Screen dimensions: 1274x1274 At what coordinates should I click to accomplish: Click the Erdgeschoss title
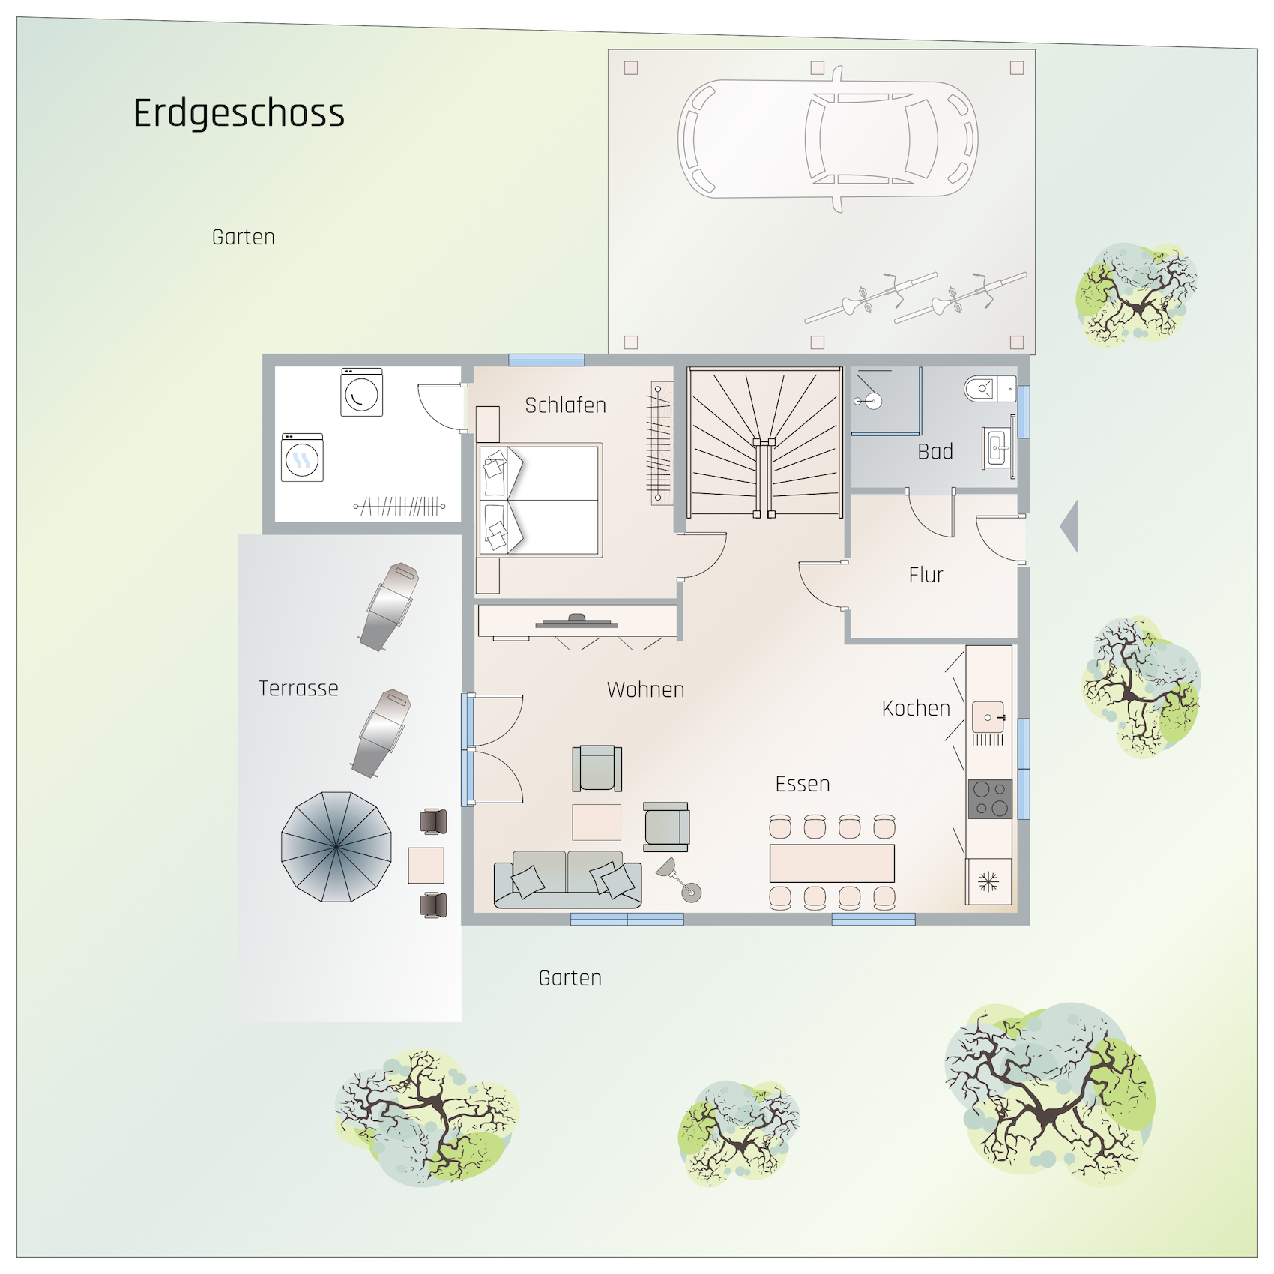(239, 114)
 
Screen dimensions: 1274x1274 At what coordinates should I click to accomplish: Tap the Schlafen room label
(566, 405)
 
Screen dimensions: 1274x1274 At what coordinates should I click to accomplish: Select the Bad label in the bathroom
(935, 452)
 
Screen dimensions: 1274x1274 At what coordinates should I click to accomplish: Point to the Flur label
(926, 575)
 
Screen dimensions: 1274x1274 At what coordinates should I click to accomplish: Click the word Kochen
(916, 708)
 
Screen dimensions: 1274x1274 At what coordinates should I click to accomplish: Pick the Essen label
(803, 784)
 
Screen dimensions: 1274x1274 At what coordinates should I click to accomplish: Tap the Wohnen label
(646, 689)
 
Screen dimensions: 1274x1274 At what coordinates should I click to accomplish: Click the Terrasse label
(298, 688)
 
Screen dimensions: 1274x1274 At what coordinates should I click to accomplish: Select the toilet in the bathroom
(990, 389)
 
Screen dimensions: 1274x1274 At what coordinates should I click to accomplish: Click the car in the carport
(827, 139)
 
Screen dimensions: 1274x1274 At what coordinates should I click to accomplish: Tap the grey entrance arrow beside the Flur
(1069, 526)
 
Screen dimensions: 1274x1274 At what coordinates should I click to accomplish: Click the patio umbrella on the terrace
(336, 847)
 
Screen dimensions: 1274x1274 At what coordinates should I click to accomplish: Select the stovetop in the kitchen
(990, 799)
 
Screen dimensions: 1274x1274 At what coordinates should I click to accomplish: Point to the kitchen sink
(988, 717)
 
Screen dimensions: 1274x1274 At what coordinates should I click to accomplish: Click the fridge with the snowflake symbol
(989, 881)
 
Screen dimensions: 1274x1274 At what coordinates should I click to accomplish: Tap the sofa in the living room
(567, 879)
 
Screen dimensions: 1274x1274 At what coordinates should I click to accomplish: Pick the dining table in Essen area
(832, 863)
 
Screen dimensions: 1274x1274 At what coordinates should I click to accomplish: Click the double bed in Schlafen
(540, 500)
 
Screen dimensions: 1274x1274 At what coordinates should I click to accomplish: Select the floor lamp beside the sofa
(679, 880)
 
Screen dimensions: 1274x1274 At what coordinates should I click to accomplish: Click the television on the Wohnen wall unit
(576, 621)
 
